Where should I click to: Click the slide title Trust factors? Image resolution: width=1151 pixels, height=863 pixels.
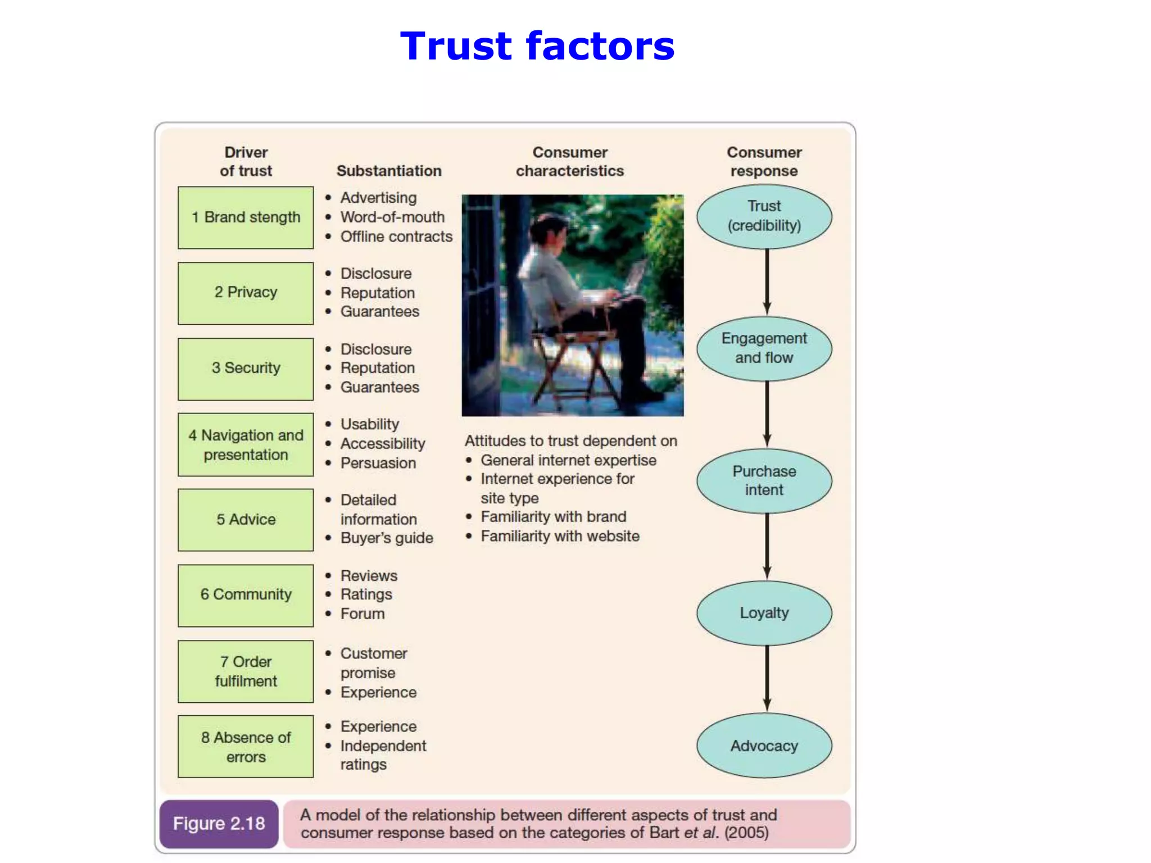tap(537, 46)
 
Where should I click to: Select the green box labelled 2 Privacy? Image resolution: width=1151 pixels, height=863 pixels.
tap(246, 293)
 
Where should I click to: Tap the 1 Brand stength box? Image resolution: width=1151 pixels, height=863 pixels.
tap(246, 217)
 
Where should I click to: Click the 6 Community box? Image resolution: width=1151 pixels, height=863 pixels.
tap(246, 595)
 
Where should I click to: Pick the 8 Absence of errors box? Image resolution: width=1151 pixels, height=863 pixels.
tap(246, 747)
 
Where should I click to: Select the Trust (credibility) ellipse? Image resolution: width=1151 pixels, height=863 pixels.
tap(764, 216)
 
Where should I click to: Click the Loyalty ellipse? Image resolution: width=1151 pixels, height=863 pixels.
tap(764, 613)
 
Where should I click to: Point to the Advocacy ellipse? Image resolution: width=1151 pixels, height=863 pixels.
tap(764, 746)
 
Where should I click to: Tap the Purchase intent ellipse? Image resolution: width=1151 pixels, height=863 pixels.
tap(764, 480)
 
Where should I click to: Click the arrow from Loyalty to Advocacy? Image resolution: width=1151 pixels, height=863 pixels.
tap(767, 678)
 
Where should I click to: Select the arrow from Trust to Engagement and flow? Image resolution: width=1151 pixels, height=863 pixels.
tap(767, 281)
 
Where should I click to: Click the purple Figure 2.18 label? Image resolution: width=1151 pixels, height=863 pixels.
tap(219, 824)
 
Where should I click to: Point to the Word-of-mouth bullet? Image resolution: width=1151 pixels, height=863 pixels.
tap(392, 217)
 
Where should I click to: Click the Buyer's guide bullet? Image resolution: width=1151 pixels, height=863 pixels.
tap(386, 538)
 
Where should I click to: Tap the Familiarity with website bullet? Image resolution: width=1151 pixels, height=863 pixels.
tap(559, 536)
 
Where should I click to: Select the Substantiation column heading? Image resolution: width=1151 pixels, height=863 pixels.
tap(389, 171)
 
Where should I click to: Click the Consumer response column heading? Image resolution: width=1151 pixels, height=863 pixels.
tap(764, 161)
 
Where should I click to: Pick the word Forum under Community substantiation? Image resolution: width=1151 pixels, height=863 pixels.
tap(362, 614)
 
